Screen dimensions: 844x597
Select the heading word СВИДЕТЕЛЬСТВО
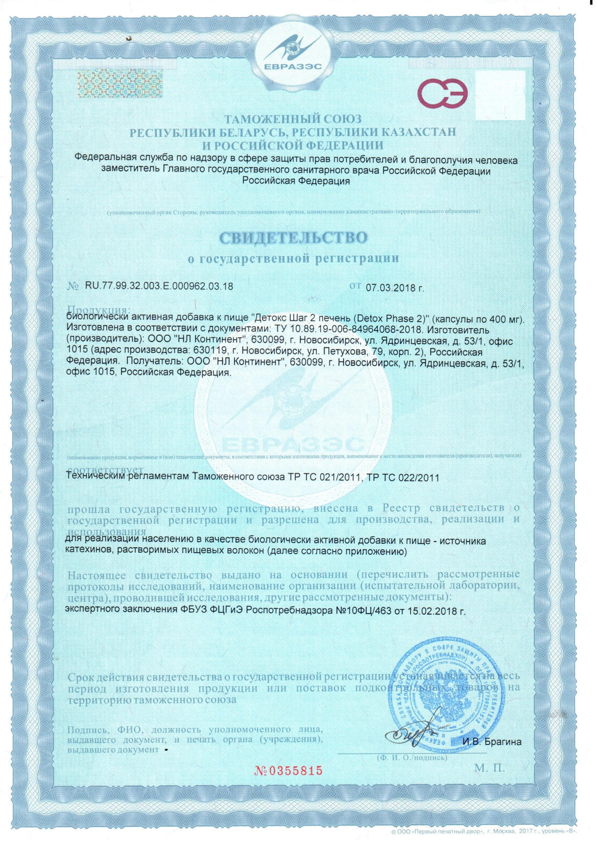293,238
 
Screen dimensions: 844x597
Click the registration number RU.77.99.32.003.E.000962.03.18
159,286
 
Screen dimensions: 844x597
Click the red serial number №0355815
288,770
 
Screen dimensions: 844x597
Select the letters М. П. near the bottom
489,768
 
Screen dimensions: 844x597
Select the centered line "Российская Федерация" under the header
296,181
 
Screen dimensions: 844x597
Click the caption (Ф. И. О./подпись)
412,757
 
